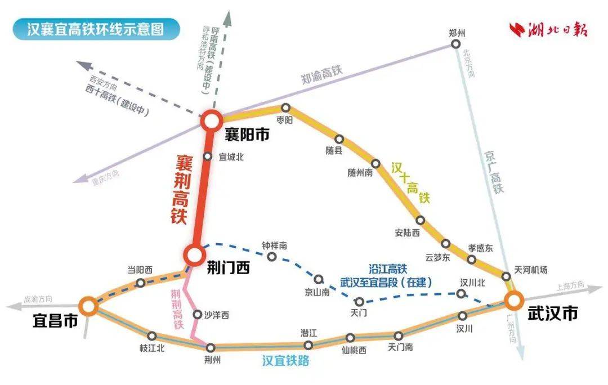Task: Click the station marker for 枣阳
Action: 285,108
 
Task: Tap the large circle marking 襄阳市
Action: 212,120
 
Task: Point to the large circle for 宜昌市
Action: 88,306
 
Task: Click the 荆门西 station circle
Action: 194,255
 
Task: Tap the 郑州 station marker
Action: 457,44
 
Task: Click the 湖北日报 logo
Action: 548,29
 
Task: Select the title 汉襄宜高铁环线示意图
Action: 96,29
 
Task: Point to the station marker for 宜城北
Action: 207,157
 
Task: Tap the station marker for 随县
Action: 339,138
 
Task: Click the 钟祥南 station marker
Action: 272,257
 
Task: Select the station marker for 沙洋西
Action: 197,314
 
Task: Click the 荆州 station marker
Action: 211,347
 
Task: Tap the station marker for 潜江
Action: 308,345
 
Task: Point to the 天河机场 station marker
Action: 506,276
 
